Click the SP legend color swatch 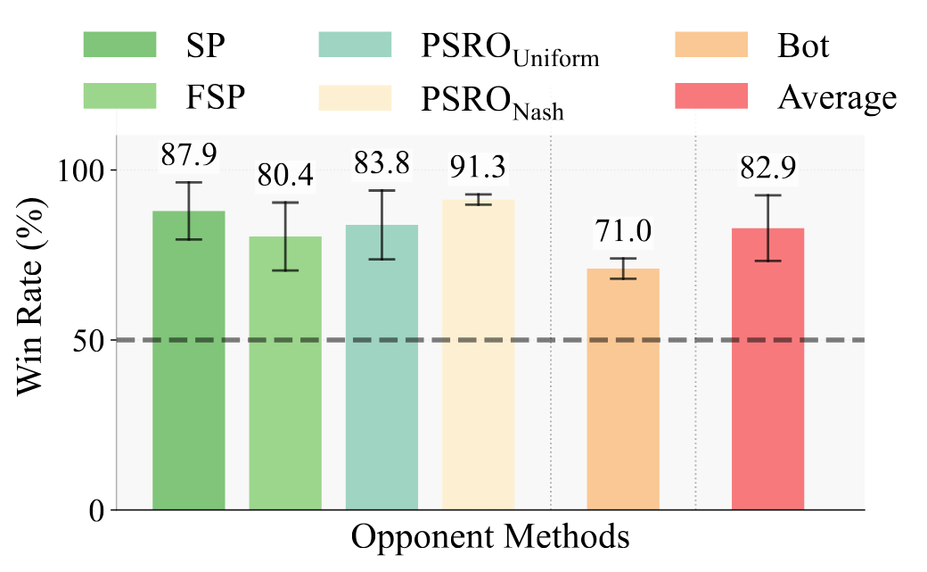[119, 45]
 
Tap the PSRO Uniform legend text [509, 50]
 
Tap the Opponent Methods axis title [490, 538]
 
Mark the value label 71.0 [623, 231]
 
